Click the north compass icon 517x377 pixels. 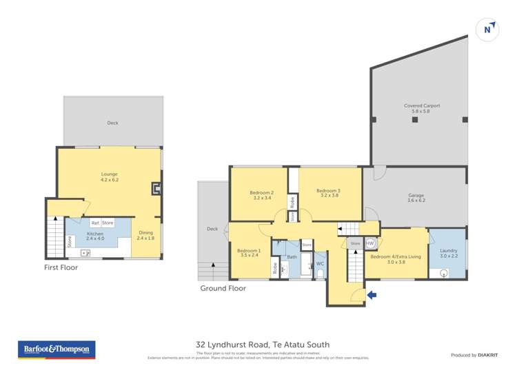tap(487, 29)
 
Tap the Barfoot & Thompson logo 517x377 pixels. tap(57, 349)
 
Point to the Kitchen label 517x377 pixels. tap(95, 234)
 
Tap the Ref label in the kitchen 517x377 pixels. tap(94, 223)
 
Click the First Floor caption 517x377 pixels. tap(61, 267)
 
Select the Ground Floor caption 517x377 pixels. tap(223, 288)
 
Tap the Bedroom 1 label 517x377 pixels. tap(249, 252)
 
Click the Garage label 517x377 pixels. tap(416, 197)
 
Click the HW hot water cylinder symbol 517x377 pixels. tap(370, 243)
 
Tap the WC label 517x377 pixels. tap(320, 264)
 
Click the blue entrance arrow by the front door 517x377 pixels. tap(372, 296)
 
